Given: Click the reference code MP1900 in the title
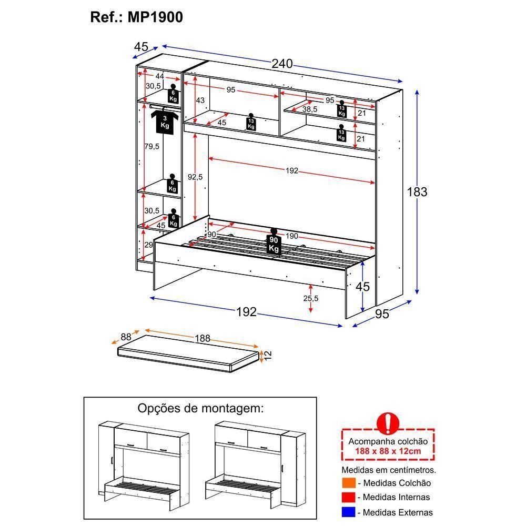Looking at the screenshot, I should tap(155, 17).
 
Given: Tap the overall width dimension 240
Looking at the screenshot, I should tap(282, 64).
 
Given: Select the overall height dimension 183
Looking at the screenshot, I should tap(417, 192).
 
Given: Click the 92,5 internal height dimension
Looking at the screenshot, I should tap(194, 177).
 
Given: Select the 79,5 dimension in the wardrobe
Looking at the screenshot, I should tap(152, 146).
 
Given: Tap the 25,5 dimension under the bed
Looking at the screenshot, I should tap(311, 298).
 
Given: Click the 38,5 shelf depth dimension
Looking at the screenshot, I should tap(309, 109).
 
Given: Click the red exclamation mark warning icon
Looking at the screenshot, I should tap(388, 423).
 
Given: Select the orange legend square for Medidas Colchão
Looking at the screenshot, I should tap(348, 483).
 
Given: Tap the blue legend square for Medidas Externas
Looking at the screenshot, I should tap(348, 512).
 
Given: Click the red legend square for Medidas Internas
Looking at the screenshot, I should tap(348, 497).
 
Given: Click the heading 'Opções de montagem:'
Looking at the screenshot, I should tap(200, 408).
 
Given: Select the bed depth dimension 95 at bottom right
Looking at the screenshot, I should tap(382, 314).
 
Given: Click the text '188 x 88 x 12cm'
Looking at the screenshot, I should tap(388, 451).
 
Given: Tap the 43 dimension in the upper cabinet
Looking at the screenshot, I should tap(200, 100).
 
